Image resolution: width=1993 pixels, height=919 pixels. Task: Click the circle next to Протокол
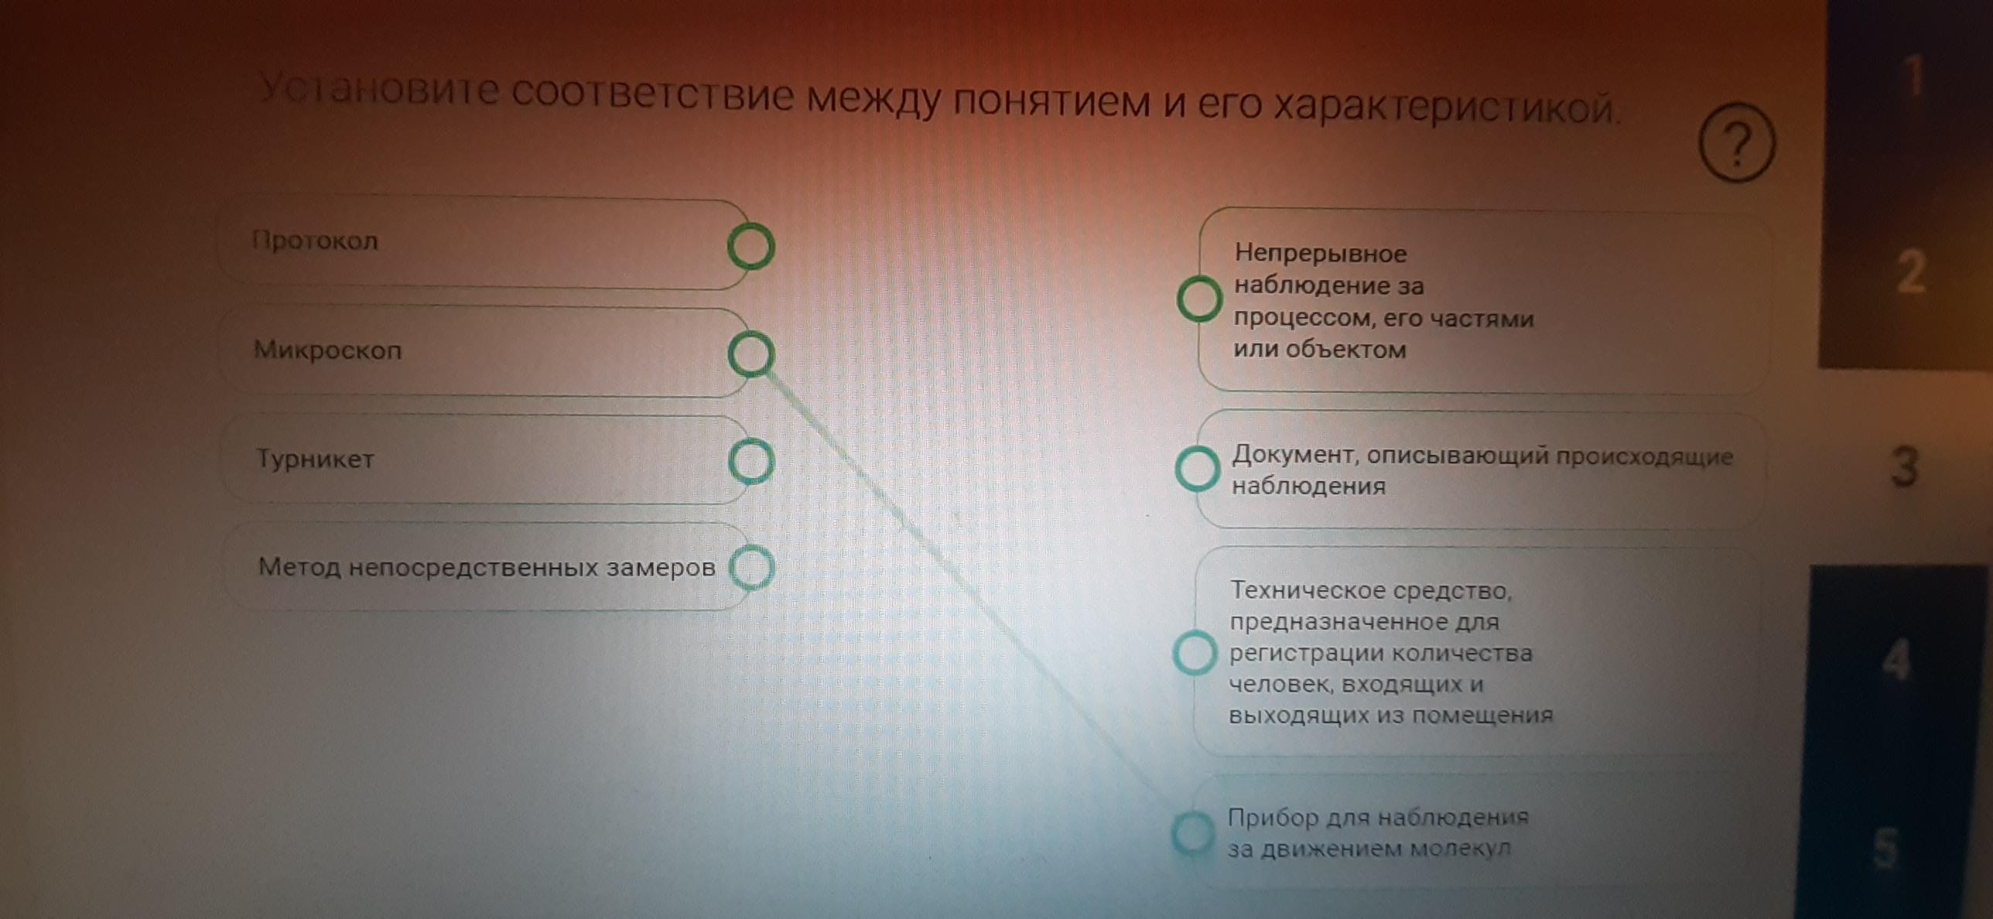click(x=750, y=247)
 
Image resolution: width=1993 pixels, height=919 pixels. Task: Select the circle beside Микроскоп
click(x=750, y=354)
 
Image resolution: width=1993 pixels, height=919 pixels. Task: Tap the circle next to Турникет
click(x=750, y=461)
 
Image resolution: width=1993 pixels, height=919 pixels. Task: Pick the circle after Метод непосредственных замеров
click(x=751, y=568)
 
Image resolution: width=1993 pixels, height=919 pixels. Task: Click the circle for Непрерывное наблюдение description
click(x=1199, y=299)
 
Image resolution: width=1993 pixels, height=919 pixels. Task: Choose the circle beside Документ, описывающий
click(x=1197, y=468)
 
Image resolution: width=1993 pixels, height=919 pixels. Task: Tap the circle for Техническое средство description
click(x=1195, y=652)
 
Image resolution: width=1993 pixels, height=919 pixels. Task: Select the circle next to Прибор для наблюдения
click(x=1193, y=833)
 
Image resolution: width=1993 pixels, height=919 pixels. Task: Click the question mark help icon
click(x=1736, y=144)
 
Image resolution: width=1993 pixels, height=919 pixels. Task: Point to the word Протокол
click(x=315, y=241)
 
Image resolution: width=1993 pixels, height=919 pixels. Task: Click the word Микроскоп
click(x=327, y=350)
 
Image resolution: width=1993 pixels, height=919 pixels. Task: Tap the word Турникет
click(x=315, y=459)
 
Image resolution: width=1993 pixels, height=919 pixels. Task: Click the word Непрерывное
click(x=1320, y=253)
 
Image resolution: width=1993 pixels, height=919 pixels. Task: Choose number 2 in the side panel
click(x=1910, y=272)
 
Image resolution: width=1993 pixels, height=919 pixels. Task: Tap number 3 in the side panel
click(x=1904, y=466)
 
